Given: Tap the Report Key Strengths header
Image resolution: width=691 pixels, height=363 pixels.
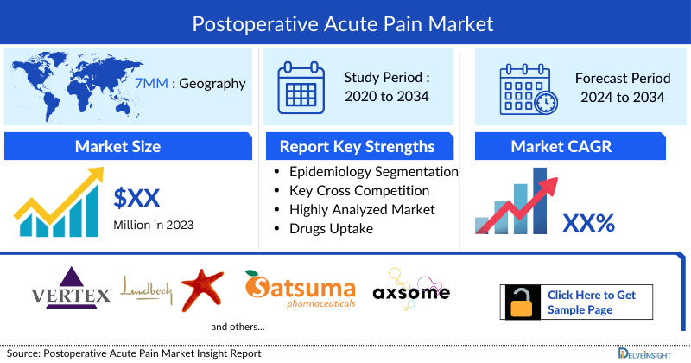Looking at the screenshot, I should pos(358,146).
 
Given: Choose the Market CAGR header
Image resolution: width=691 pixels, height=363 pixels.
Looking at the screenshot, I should pos(561,146).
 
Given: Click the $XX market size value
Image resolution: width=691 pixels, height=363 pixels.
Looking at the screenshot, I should pos(137,198).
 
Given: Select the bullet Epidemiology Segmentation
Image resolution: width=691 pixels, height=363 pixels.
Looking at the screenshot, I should pos(373,171).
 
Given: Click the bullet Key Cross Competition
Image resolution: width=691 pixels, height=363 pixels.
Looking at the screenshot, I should pos(358,190).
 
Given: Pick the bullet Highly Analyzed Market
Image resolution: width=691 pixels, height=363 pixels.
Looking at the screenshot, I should pos(362,209).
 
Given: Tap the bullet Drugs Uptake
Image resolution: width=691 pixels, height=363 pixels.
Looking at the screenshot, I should pos(333,228).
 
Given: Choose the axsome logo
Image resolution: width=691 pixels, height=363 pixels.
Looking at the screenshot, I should pos(411,288).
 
